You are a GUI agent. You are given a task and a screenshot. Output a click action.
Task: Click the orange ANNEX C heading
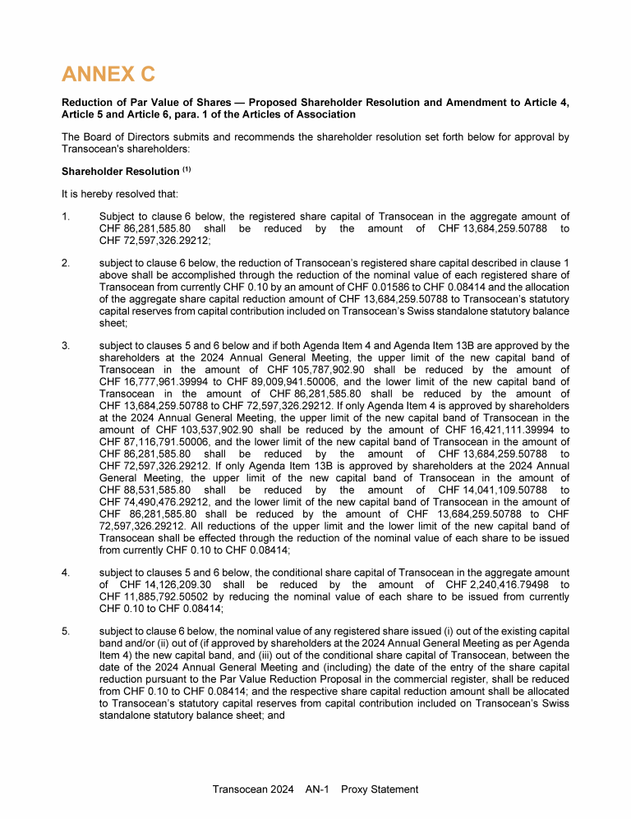[108, 75]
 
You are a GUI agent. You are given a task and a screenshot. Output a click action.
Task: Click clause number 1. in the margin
[65, 216]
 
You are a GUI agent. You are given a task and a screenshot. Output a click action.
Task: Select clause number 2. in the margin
[65, 263]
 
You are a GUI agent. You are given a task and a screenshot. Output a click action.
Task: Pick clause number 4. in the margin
[65, 572]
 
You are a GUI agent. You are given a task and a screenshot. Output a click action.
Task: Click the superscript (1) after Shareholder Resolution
[187, 169]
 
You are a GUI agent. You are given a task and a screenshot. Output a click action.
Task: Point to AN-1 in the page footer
[316, 789]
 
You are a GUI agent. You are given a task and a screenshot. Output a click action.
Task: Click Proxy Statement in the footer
[380, 789]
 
